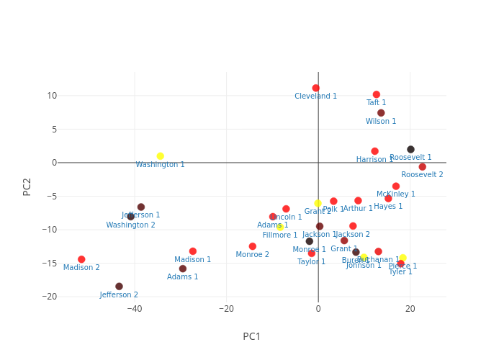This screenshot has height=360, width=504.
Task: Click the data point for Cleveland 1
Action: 316,89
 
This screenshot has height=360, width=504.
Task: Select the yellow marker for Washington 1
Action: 160,156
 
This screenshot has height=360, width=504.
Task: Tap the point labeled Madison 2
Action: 81,259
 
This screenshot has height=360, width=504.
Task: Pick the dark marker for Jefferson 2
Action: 119,287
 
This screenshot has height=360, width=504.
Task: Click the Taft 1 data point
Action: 377,94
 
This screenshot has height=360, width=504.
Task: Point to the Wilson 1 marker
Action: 381,113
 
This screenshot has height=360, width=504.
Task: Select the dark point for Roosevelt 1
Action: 410,150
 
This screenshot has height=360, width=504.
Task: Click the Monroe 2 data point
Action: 252,246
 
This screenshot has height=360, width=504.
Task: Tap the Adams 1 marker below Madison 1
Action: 183,269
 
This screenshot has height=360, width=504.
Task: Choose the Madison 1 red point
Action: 193,251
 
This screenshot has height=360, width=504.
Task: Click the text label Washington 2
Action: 130,225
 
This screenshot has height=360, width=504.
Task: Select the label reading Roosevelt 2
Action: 422,175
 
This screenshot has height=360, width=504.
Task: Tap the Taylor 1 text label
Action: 312,262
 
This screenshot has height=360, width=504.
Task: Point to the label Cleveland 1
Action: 315,96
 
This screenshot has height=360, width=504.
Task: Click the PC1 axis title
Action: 252,336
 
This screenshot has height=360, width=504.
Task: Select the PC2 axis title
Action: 27,186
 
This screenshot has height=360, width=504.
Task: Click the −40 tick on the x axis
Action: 135,309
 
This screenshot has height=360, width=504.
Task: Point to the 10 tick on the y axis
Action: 52,96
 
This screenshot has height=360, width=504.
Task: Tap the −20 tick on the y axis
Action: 50,297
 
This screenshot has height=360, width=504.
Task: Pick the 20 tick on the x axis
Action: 410,309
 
